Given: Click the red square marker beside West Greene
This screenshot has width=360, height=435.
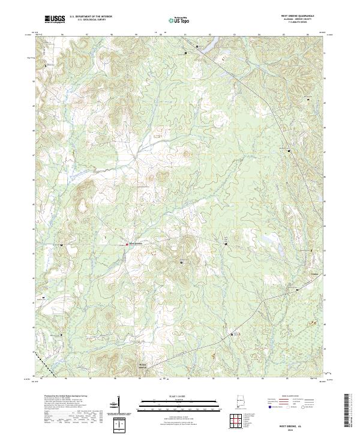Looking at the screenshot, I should pyautogui.click(x=126, y=244).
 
